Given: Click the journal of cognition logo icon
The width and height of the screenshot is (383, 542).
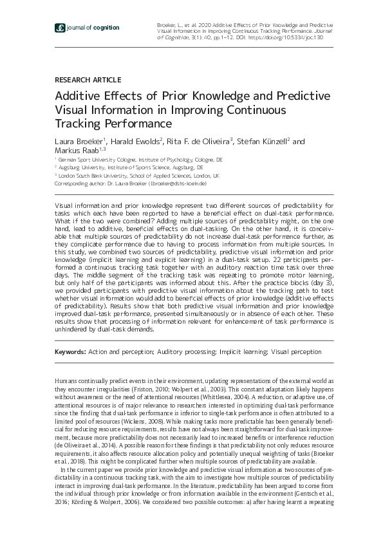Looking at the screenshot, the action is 60,28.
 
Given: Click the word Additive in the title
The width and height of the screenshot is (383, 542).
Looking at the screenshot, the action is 75,97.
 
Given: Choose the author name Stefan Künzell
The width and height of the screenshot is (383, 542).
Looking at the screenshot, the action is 264,142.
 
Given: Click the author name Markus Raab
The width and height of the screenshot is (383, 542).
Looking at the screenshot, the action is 72,151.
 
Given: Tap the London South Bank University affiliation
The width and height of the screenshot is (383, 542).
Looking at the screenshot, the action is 138,175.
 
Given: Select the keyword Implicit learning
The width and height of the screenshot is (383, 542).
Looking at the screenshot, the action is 244,353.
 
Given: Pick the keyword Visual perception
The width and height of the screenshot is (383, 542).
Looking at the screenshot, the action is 296,353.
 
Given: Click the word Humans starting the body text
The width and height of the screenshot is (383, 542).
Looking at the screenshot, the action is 66,382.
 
